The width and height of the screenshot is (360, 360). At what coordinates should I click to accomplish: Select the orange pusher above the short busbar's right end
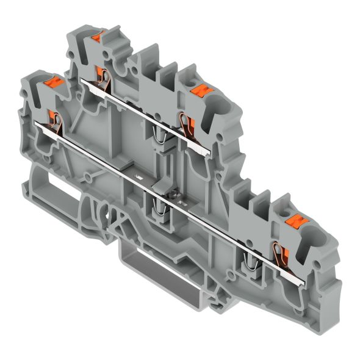point(198,90)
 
